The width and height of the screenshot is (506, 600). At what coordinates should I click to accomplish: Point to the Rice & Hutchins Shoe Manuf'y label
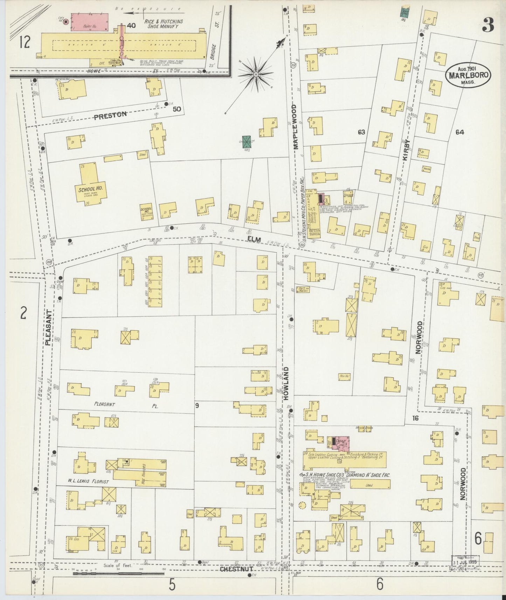point(164,23)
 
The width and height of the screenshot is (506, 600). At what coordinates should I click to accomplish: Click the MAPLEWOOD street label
point(295,127)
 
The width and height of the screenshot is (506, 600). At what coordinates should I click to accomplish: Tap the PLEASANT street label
point(49,328)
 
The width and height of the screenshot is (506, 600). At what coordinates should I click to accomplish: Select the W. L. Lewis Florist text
point(88,482)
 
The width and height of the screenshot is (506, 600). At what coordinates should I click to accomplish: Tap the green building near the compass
point(247,142)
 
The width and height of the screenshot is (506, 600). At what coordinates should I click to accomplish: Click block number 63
point(361,132)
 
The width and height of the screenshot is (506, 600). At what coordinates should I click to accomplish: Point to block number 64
point(460,132)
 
